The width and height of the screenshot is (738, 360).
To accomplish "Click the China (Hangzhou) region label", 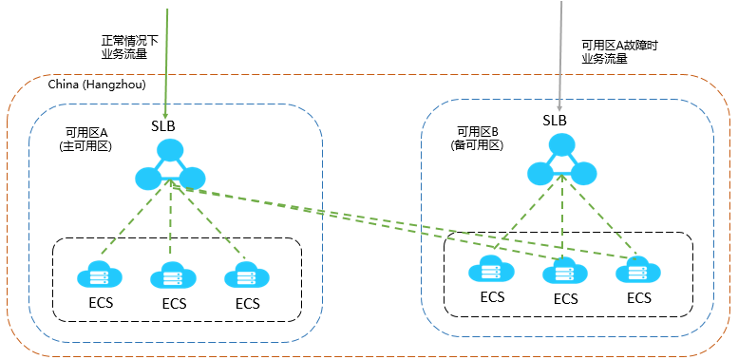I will [96, 85].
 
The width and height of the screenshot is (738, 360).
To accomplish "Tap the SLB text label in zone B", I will [555, 121].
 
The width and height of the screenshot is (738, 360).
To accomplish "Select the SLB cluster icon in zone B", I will [562, 161].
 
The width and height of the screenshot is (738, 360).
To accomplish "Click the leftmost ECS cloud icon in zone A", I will [98, 275].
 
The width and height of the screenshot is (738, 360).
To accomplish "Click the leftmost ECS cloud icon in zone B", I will [491, 270].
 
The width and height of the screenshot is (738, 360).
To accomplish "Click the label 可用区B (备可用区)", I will [478, 139].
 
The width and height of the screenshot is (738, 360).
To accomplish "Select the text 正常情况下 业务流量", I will [129, 48].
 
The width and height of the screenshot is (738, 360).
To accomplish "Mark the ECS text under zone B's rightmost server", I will [638, 297].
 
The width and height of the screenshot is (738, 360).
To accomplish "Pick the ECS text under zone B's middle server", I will [565, 298].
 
